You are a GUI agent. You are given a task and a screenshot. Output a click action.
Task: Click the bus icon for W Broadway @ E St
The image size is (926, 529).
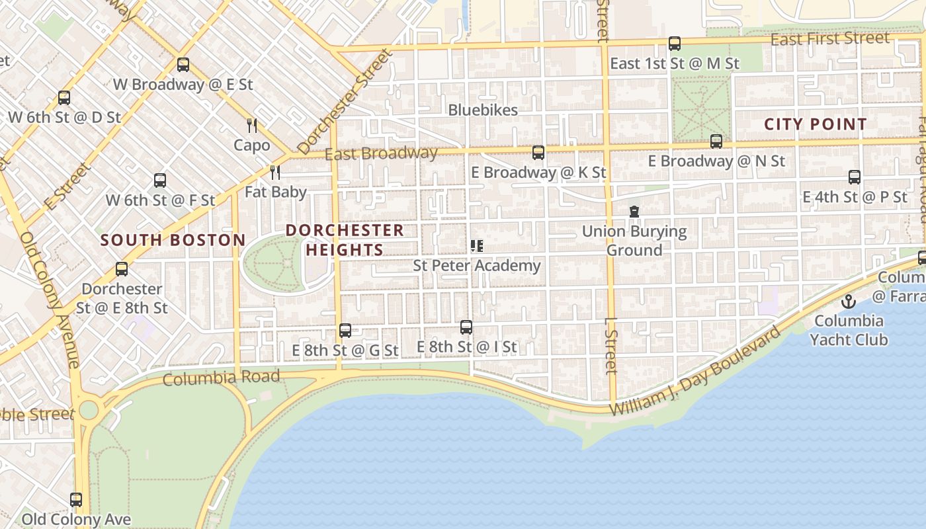click(x=183, y=65)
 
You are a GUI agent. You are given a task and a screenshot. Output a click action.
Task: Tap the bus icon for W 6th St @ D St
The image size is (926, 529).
click(x=64, y=98)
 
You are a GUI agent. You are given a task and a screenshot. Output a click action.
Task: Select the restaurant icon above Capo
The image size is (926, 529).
click(x=251, y=126)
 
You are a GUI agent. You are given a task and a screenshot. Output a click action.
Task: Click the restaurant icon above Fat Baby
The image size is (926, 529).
click(x=275, y=173)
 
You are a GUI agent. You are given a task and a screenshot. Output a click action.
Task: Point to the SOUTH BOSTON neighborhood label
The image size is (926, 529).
click(x=173, y=240)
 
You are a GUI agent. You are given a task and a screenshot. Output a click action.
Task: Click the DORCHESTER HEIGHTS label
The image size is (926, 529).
click(x=345, y=240)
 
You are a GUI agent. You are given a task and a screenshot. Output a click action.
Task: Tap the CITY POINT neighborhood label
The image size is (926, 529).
click(x=815, y=124)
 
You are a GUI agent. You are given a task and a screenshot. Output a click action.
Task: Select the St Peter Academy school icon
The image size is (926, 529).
click(x=476, y=246)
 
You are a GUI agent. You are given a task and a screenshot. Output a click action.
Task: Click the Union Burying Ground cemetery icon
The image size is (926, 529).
click(x=634, y=212)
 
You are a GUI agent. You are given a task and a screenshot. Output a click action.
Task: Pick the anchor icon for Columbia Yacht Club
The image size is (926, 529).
click(x=848, y=302)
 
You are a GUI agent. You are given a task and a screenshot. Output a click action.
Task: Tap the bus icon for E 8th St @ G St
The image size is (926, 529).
click(x=345, y=330)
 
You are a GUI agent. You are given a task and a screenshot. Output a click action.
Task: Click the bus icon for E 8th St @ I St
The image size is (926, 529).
click(x=466, y=327)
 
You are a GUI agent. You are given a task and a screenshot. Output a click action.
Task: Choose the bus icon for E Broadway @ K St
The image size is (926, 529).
click(x=538, y=153)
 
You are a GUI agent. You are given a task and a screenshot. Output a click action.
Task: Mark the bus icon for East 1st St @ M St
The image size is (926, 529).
click(x=674, y=44)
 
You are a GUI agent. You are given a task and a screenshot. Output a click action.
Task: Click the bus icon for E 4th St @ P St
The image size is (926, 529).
click(x=855, y=177)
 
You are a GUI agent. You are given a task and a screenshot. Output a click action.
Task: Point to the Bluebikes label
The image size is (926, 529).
click(x=483, y=110)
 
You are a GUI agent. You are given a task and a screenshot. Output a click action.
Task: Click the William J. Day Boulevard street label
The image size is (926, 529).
click(x=694, y=371)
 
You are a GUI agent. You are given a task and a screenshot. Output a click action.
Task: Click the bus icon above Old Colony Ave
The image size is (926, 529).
click(x=76, y=500)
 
